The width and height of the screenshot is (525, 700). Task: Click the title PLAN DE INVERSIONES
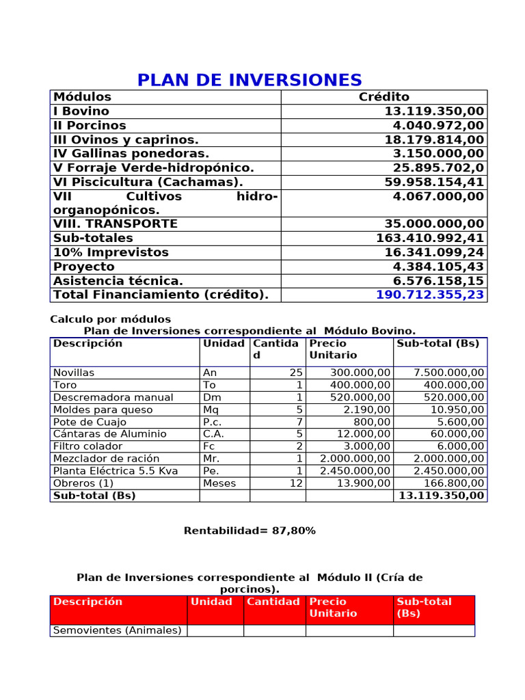click(x=250, y=80)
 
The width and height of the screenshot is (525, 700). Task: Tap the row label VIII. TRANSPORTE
click(x=115, y=224)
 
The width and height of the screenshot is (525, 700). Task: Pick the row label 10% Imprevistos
click(x=111, y=252)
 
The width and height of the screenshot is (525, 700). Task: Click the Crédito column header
click(x=383, y=97)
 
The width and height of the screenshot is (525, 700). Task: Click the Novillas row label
click(x=74, y=373)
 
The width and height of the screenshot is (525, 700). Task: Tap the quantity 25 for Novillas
click(x=295, y=373)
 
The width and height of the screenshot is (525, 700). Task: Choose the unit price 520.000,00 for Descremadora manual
click(x=360, y=397)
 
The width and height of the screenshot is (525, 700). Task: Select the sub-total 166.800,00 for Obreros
click(x=449, y=483)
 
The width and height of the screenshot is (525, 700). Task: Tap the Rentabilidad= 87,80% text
click(x=250, y=530)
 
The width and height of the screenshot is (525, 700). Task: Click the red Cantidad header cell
click(x=273, y=602)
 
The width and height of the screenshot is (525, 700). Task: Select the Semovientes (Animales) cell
click(x=117, y=630)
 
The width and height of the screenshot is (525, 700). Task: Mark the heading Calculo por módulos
click(x=111, y=319)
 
